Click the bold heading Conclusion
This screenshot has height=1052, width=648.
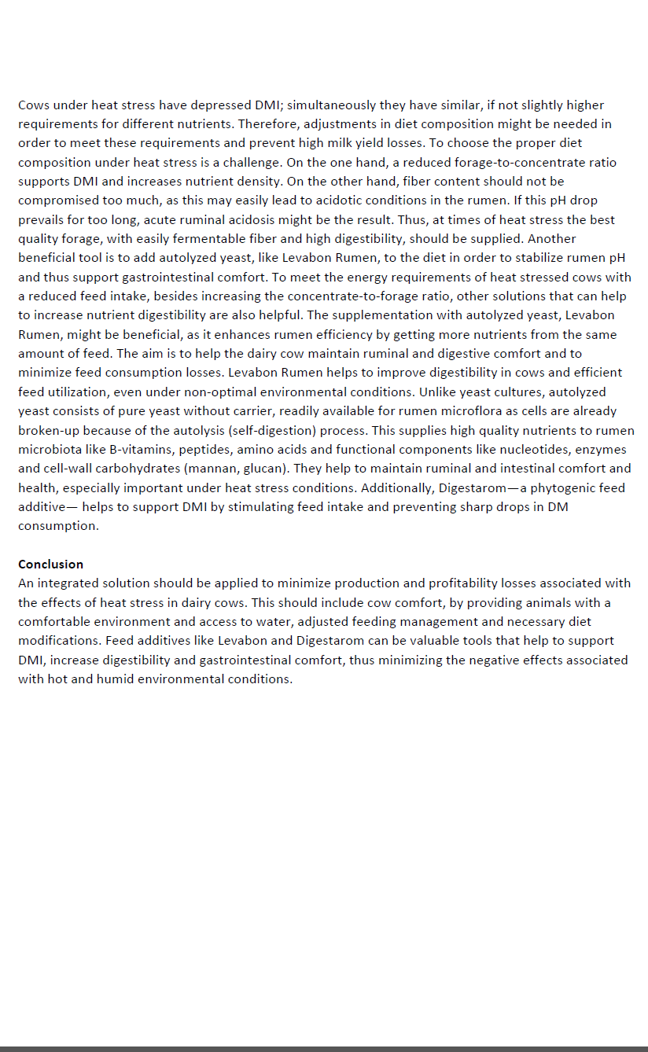(x=50, y=564)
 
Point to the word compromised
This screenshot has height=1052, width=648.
(x=57, y=200)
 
